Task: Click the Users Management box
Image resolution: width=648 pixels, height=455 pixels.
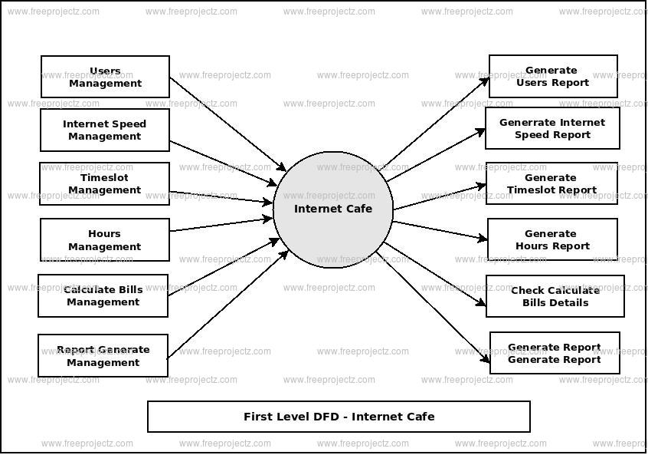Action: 105,77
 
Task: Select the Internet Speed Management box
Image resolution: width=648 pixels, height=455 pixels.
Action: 105,130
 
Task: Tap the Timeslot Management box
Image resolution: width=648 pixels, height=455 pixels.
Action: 105,183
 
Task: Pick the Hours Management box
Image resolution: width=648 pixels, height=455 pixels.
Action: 105,240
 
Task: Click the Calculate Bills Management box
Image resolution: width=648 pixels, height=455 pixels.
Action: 103,295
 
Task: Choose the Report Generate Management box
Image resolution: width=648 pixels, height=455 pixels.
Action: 103,355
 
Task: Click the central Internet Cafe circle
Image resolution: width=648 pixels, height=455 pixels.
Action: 333,209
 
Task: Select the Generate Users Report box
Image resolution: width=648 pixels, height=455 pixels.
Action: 553,76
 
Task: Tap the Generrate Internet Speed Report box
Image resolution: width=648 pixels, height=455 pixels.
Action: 552,128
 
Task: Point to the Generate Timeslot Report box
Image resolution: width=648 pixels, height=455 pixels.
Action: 551,183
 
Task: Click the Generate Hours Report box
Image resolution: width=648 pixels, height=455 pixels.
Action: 552,239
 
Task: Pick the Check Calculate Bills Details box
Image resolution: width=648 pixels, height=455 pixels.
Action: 555,296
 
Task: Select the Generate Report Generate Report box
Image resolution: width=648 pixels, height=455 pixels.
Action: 555,353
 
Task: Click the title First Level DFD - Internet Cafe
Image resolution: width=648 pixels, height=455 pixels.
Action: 339,417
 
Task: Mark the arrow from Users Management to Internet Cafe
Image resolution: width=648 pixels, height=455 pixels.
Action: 227,124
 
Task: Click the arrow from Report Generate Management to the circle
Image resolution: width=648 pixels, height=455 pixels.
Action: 227,304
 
